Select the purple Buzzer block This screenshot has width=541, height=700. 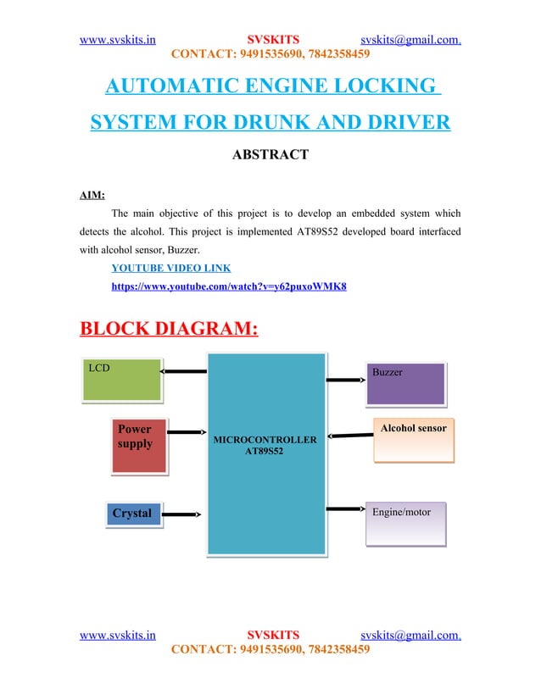coord(406,384)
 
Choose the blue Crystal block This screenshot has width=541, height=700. coord(134,514)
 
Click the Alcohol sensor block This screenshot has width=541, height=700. coord(413,439)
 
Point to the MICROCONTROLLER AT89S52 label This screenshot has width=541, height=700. coord(265,446)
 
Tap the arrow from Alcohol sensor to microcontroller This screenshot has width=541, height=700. coord(349,436)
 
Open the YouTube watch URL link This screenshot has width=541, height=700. coord(229,287)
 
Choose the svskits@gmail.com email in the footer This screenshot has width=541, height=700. coord(410,633)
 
